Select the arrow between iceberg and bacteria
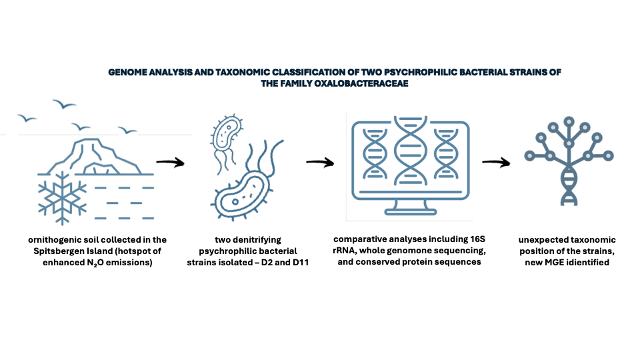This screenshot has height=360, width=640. pos(170,162)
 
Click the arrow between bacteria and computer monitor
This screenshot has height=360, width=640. pos(320,162)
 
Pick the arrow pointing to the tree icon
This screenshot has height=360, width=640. pos(496,162)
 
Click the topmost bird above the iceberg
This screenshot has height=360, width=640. pos(64,104)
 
